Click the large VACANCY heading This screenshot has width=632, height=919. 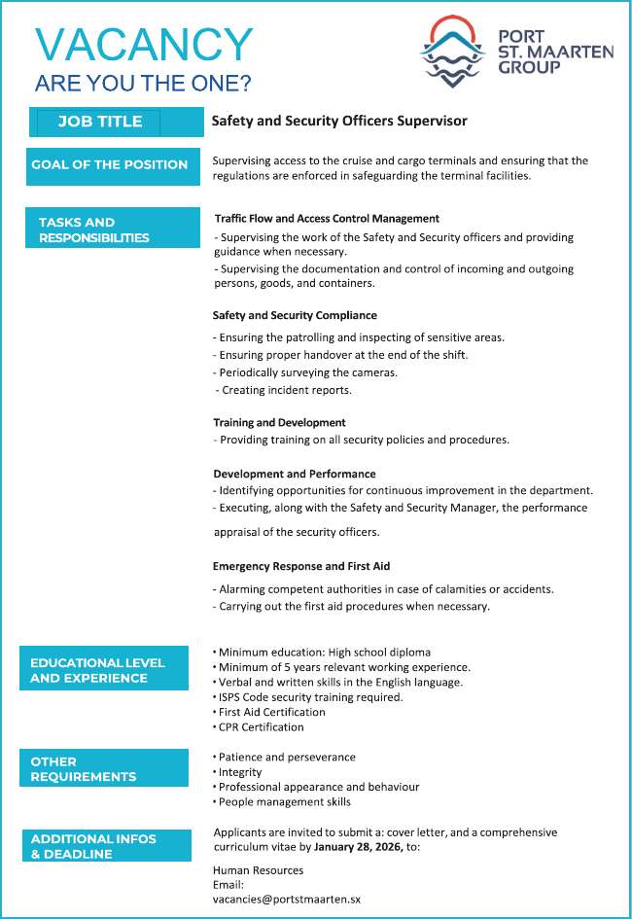click(x=144, y=45)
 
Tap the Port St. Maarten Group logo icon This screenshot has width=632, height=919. click(x=452, y=52)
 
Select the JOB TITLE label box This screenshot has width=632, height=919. click(x=100, y=122)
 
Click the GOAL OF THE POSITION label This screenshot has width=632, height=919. click(x=109, y=164)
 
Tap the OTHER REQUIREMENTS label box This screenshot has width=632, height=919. click(x=103, y=768)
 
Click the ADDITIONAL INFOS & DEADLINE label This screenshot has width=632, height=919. click(x=106, y=846)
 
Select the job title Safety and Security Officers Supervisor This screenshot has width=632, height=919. click(x=339, y=122)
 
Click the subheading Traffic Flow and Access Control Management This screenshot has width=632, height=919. click(x=327, y=219)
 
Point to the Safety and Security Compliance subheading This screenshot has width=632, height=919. click(x=295, y=315)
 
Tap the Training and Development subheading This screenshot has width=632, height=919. click(x=279, y=423)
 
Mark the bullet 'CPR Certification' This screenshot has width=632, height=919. click(x=260, y=726)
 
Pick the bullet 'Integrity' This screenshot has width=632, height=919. click(x=239, y=772)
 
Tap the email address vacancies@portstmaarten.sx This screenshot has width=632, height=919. click(x=286, y=900)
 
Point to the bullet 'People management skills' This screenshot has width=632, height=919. click(x=283, y=801)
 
